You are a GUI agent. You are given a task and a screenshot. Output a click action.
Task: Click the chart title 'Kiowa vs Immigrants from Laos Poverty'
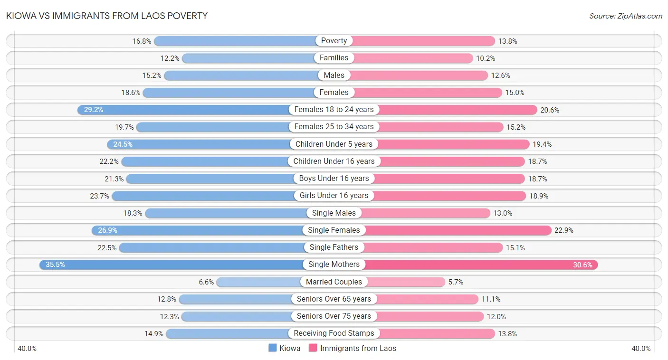point(106,16)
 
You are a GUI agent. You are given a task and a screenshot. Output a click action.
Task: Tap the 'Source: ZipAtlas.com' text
point(625,16)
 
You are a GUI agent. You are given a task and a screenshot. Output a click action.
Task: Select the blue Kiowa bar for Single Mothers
point(171,265)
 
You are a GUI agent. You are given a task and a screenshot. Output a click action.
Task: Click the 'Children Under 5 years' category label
point(334,144)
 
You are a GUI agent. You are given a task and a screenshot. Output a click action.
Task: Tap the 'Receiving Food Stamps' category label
point(334,333)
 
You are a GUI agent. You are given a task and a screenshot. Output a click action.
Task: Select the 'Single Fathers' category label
point(334,247)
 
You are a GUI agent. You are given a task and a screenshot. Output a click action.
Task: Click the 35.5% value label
point(55,265)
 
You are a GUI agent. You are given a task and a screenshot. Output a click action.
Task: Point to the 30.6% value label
point(582,265)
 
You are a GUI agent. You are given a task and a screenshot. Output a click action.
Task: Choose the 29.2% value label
point(93,110)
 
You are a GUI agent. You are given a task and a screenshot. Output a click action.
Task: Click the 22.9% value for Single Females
point(564,230)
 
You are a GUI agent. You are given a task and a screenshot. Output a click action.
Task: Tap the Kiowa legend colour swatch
point(273,348)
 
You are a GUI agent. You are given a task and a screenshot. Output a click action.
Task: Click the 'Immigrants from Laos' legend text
point(358,348)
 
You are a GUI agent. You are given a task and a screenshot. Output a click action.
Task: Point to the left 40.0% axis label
point(27,349)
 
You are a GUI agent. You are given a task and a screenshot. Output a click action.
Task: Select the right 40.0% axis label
point(641,349)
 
